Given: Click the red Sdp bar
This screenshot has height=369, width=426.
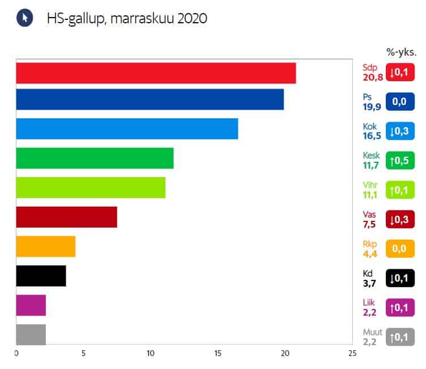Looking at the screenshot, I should [156, 73].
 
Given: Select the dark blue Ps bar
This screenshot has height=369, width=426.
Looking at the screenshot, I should [150, 100].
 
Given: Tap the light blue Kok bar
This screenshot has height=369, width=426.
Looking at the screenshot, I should [127, 129].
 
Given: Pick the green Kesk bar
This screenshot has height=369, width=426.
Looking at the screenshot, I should [95, 158].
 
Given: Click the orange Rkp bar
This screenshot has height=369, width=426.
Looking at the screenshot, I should [45, 246].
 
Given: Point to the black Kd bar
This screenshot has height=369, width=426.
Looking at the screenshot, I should [41, 276].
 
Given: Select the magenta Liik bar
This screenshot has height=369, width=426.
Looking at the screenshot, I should [31, 305].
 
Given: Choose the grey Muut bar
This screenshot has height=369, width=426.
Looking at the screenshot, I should [31, 335].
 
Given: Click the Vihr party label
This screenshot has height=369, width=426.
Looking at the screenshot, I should [369, 185].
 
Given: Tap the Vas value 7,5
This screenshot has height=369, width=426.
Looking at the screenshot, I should [369, 224].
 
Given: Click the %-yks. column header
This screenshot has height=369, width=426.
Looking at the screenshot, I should [401, 52].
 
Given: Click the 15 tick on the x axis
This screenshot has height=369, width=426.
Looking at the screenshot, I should [218, 354].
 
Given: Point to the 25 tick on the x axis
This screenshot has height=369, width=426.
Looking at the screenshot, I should [352, 354].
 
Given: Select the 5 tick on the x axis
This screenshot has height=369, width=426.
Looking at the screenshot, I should [83, 354].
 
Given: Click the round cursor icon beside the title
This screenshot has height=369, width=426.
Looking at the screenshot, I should [24, 18].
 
